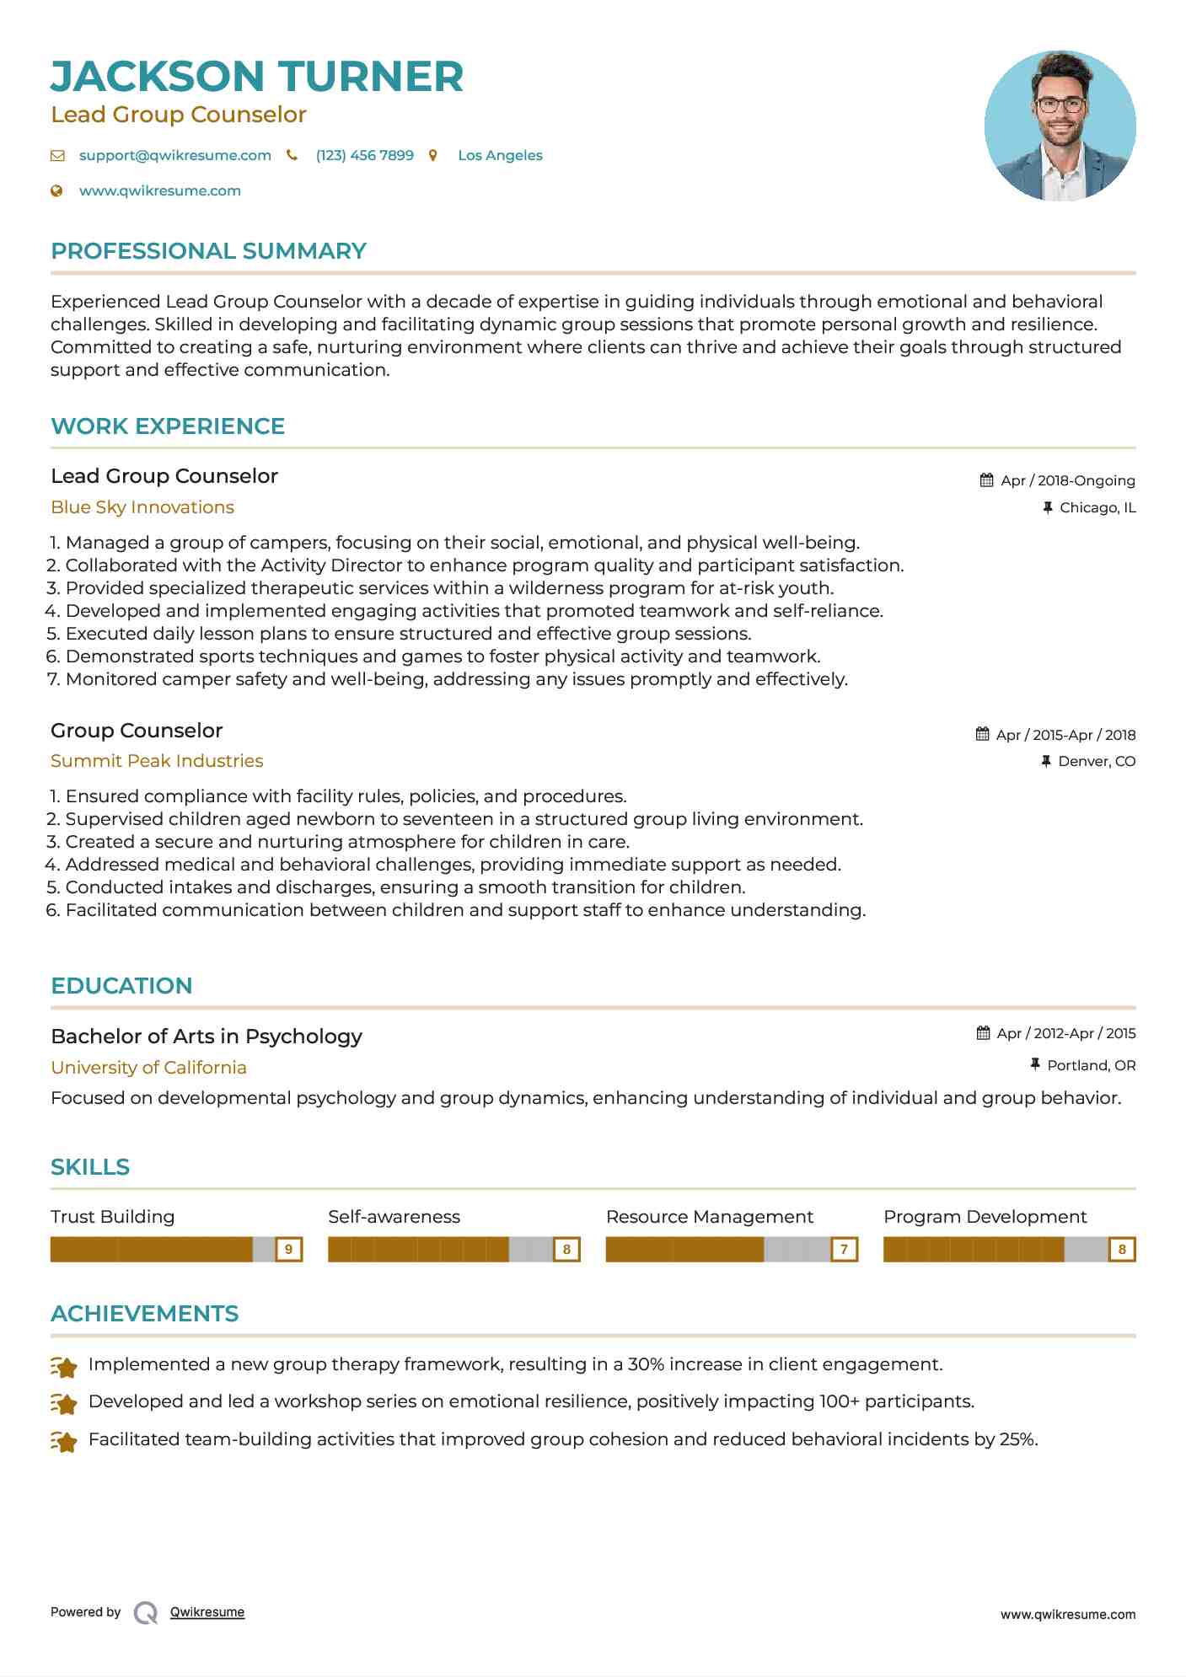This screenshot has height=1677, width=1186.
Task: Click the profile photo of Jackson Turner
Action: (x=1060, y=126)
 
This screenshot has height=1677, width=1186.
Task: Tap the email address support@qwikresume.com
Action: (x=174, y=155)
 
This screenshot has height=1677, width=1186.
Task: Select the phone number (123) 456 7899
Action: (x=364, y=155)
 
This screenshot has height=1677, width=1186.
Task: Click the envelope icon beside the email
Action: (x=57, y=155)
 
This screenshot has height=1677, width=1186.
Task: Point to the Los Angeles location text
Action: (x=500, y=155)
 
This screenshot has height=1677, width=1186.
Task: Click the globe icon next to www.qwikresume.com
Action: (x=56, y=190)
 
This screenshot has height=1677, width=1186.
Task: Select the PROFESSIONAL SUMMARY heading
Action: (x=208, y=251)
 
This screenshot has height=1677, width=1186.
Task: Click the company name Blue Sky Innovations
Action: (x=142, y=507)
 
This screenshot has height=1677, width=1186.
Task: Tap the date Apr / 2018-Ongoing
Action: (x=1067, y=480)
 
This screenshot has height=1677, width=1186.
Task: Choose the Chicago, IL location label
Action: (x=1097, y=507)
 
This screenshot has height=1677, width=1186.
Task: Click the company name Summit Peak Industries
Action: (x=157, y=761)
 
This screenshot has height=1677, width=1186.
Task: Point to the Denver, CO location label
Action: (x=1097, y=761)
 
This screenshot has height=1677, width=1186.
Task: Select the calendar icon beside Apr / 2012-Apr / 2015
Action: (x=983, y=1033)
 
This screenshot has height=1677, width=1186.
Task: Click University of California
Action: (x=148, y=1068)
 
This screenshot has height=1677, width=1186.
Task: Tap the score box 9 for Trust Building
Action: (x=289, y=1249)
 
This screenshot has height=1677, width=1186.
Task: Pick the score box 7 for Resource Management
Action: (x=844, y=1249)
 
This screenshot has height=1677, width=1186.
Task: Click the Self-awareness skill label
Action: (x=394, y=1217)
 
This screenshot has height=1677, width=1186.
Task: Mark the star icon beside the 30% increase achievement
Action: (x=64, y=1366)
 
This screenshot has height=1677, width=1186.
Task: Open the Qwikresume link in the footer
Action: (x=207, y=1612)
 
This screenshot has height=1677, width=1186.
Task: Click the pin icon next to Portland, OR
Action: (x=1035, y=1065)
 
